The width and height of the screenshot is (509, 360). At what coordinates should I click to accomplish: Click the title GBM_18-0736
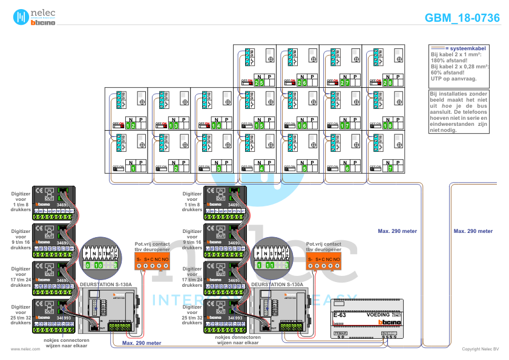[x=462, y=18]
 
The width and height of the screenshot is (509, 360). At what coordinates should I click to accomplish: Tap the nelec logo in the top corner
[x=34, y=18]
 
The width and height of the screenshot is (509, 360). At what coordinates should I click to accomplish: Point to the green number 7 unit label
[x=390, y=168]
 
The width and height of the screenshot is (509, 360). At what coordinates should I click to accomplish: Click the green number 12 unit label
[x=131, y=125]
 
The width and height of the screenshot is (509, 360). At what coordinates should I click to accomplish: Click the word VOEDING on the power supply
[x=378, y=316]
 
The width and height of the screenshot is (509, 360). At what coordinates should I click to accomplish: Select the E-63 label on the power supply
[x=340, y=316]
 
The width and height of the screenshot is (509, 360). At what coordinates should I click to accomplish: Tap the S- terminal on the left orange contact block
[x=139, y=260]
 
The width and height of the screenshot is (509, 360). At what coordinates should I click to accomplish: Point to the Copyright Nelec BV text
[x=480, y=349]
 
